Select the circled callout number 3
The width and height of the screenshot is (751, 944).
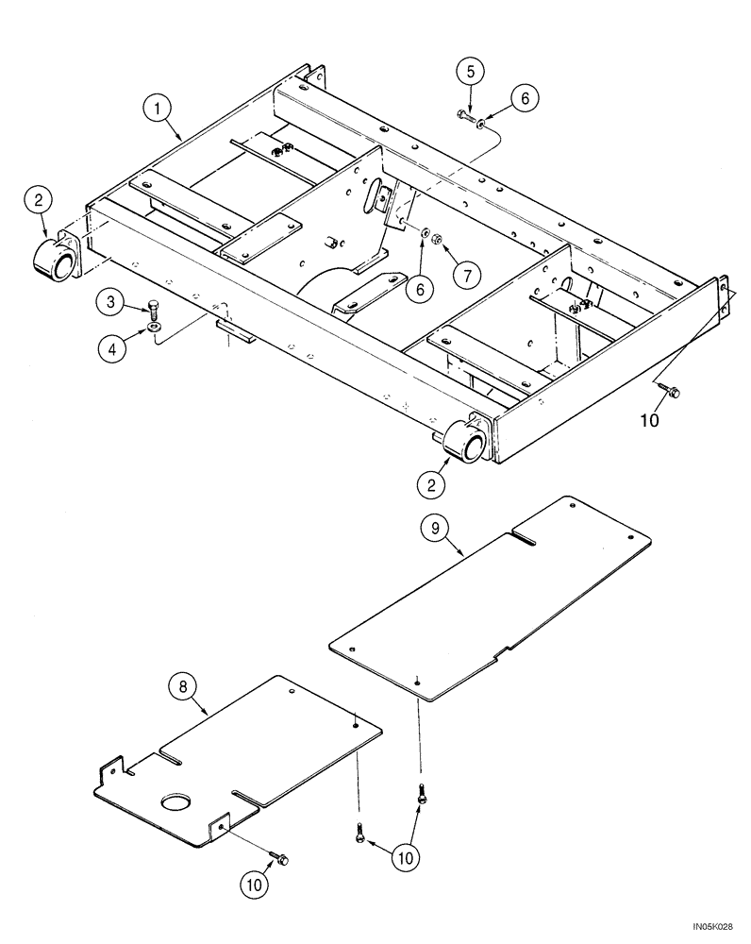pyautogui.click(x=110, y=302)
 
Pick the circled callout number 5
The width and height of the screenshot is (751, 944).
pyautogui.click(x=471, y=71)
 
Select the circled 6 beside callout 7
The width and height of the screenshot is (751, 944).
pyautogui.click(x=424, y=286)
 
